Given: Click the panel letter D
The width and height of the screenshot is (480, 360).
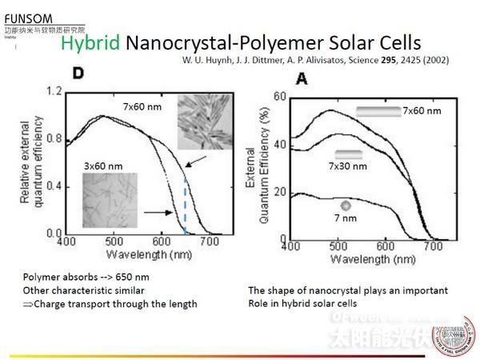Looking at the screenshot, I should click(79, 74).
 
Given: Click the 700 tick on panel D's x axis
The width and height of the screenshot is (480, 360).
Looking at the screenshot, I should click(210, 242).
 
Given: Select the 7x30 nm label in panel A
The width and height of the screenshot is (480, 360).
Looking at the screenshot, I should click(349, 166).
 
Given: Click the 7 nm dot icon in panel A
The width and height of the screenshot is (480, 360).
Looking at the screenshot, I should click(346, 205).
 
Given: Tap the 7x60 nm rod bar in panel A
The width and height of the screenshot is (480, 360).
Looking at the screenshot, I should click(378, 111).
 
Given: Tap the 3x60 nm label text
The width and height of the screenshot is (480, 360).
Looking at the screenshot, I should click(102, 166).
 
